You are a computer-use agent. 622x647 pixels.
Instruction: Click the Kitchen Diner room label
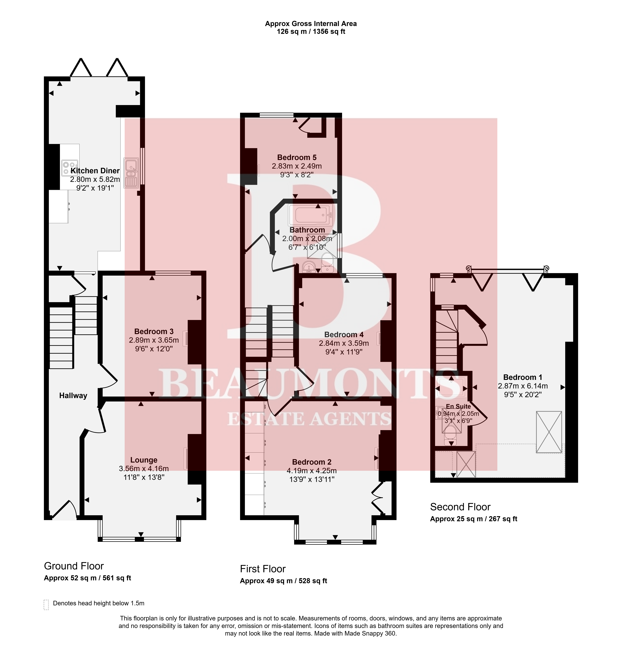pos(95,171)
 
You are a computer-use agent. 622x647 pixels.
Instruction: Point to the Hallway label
pos(73,395)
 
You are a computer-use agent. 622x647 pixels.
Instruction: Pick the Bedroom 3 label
pos(154,331)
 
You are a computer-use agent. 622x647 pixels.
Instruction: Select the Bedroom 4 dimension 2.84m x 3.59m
pos(344,343)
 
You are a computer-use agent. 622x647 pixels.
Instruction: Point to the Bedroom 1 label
pos(523,377)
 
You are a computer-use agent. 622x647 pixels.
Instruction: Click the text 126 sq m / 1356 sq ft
pos(311,32)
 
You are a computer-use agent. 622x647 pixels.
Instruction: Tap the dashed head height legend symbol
pos(46,605)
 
